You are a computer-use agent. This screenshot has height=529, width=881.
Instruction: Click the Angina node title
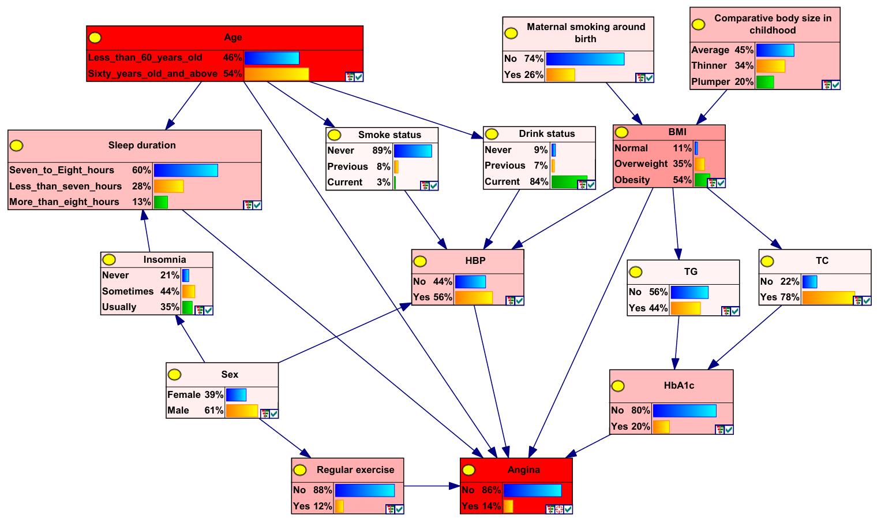pos(523,470)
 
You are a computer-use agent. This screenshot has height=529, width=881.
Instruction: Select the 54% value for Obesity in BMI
pos(682,180)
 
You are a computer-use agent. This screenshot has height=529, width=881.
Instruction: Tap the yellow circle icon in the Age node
pos(95,38)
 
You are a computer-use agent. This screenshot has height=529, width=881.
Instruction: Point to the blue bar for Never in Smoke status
pos(413,151)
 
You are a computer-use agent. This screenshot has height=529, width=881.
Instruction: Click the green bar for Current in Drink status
pos(568,181)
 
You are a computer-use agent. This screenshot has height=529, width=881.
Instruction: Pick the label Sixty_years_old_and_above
pos(152,73)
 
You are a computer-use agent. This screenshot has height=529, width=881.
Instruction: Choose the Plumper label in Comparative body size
pos(711,81)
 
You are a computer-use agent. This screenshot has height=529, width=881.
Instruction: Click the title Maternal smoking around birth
pos(586,33)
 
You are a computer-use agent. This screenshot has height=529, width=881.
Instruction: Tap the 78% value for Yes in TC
pos(790,297)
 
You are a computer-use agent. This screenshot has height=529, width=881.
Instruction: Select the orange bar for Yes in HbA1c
pos(661,427)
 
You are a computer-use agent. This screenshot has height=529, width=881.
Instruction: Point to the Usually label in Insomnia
pos(119,307)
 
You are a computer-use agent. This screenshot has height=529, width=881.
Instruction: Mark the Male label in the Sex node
pos(178,410)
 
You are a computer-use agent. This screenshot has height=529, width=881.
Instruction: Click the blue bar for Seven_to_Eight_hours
pos(186,170)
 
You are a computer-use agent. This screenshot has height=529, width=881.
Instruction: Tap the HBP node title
pos(475,261)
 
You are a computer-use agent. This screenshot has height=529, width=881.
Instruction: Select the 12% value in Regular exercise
pos(323,506)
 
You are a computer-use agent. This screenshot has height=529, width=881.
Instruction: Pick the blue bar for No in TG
pos(689,292)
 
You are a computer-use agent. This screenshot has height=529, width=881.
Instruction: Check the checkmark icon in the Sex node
pos(273,413)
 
